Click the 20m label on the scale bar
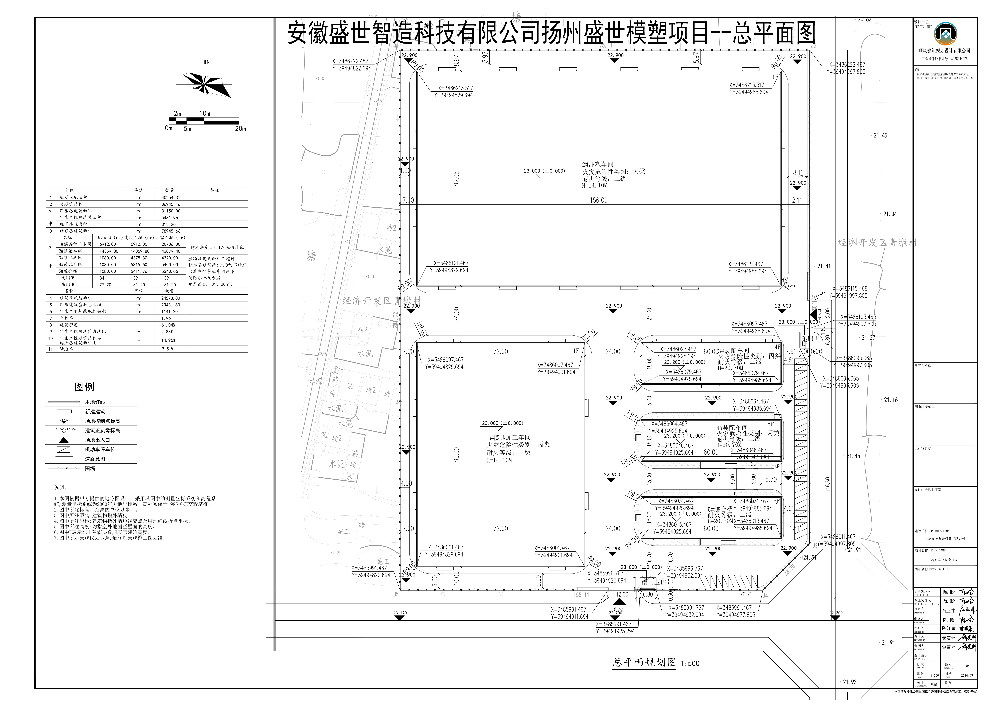pyautogui.click(x=240, y=129)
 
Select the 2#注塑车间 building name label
pyautogui.click(x=598, y=164)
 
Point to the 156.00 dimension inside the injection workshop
pyautogui.click(x=599, y=200)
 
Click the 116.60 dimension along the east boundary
pyautogui.click(x=828, y=484)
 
